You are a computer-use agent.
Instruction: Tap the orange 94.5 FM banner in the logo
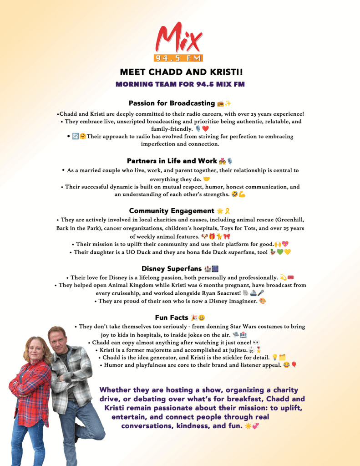179,58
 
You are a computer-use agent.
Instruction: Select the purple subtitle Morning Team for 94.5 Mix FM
180,84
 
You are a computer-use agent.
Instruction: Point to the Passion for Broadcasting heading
172,103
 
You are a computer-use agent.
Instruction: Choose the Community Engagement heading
172,211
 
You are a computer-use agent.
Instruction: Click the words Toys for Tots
254,228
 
